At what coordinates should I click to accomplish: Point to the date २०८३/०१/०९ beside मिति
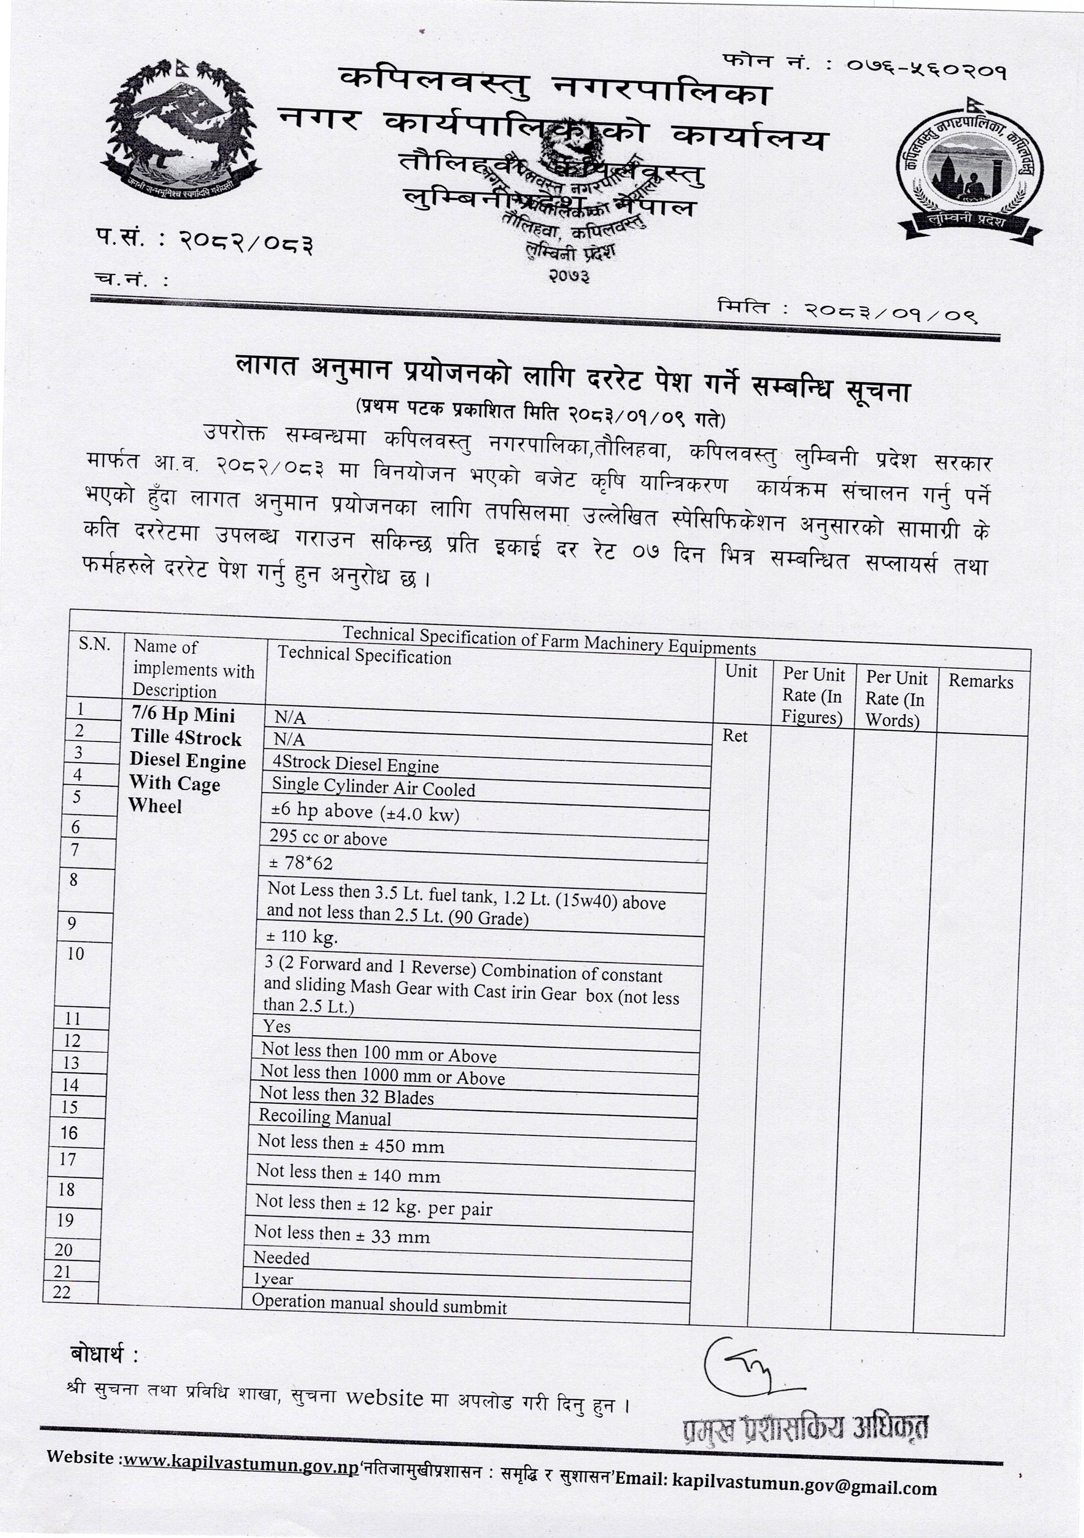(891, 312)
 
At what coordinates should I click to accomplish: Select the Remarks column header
(981, 681)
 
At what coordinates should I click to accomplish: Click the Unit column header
(741, 672)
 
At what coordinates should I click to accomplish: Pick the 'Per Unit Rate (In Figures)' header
(813, 696)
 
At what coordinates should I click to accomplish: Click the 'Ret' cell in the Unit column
(735, 736)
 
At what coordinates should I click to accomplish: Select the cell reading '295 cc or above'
(328, 839)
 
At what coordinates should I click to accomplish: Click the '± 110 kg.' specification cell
(303, 937)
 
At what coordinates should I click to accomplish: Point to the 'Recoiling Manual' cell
(325, 1117)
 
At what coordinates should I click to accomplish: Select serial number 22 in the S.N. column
(62, 1292)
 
